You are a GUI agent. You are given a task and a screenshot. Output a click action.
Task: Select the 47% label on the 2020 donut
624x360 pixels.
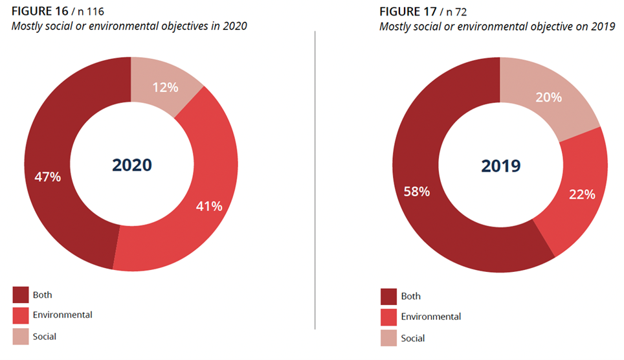coord(47,176)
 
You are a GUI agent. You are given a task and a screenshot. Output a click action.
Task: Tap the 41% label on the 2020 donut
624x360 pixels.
coord(208,207)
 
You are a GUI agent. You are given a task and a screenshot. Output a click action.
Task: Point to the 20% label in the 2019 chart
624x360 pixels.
coord(548,98)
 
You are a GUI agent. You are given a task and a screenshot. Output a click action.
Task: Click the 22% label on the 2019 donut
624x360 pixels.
coord(581,194)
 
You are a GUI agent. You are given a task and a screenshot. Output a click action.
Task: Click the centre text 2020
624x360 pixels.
coord(131,165)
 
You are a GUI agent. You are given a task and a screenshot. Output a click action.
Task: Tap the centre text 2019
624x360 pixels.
coord(500,166)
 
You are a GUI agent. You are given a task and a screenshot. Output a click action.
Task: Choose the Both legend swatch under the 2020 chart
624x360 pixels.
coord(21,295)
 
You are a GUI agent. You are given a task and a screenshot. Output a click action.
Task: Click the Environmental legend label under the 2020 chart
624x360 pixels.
coord(62,315)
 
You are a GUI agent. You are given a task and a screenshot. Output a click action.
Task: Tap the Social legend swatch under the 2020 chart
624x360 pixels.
coord(21,336)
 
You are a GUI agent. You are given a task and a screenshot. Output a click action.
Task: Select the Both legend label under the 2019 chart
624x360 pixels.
coord(410,297)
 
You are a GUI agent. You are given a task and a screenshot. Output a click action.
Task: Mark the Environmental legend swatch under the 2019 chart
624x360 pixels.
coord(389,317)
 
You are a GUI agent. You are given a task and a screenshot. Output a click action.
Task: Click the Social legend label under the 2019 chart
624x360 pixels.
coord(413,338)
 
